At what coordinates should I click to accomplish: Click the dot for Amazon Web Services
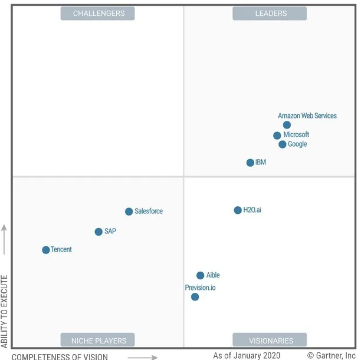(287, 125)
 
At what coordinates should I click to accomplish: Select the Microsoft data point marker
(277, 136)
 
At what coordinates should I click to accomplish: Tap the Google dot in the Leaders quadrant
(283, 144)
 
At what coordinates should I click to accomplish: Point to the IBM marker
(250, 163)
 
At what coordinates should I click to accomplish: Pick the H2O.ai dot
(238, 210)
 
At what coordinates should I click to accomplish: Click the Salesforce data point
(129, 212)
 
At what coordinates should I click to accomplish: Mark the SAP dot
(99, 232)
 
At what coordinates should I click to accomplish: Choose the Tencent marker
(46, 250)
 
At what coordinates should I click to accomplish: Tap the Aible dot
(201, 276)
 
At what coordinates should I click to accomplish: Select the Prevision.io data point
(195, 297)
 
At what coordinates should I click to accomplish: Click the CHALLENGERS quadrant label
(98, 13)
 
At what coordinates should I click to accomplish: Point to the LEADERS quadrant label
(270, 13)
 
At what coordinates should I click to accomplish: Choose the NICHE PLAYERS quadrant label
(98, 340)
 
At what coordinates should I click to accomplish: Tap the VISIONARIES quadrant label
(270, 340)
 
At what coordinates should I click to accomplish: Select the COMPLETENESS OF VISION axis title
(60, 356)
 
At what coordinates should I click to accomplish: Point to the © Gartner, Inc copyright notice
(332, 356)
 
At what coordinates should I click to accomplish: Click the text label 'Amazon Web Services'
(307, 115)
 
